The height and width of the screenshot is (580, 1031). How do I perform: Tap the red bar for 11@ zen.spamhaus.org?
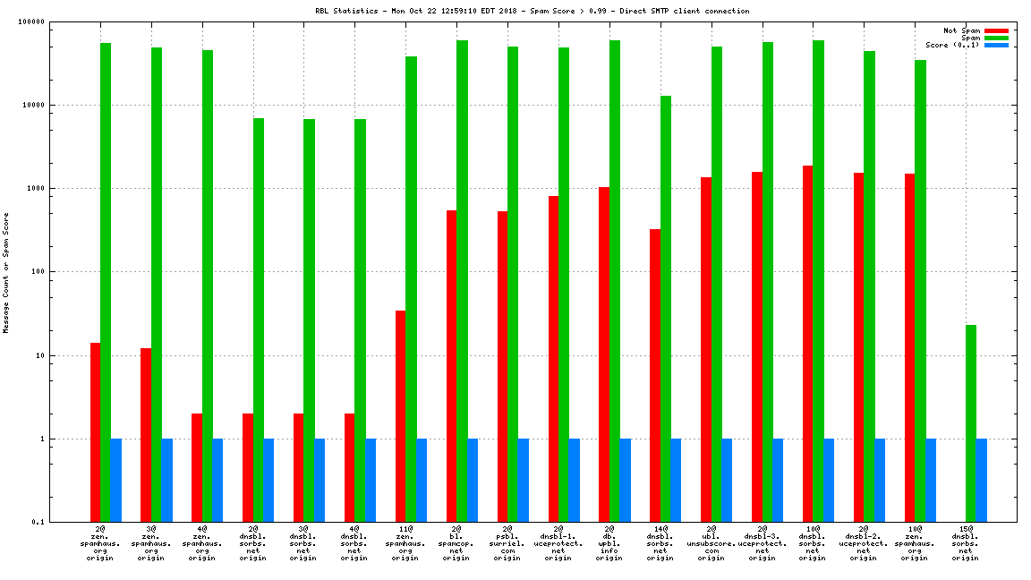(x=400, y=415)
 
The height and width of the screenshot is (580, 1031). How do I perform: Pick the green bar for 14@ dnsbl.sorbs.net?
(x=665, y=308)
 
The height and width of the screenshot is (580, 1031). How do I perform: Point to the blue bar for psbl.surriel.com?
(x=523, y=480)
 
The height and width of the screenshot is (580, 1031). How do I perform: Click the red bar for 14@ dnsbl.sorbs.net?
(x=655, y=375)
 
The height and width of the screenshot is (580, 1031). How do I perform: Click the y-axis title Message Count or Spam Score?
(x=6, y=273)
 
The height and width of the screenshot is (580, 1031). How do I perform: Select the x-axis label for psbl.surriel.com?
(x=507, y=543)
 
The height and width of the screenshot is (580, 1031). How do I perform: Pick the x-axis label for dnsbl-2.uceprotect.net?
(x=864, y=543)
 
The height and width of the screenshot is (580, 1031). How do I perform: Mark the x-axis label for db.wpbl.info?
(x=609, y=543)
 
